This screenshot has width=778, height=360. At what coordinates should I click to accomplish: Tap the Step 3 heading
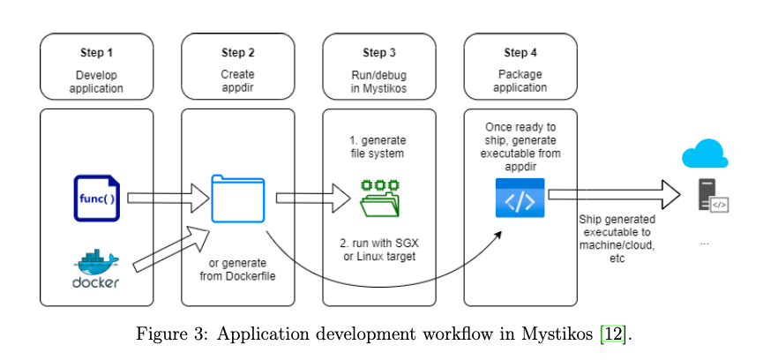click(379, 53)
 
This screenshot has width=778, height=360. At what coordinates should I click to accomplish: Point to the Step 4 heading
click(520, 53)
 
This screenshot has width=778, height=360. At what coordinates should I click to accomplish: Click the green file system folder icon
click(380, 198)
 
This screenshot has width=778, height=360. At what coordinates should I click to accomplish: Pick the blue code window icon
click(520, 198)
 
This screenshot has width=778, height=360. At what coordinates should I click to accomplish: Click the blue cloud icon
click(705, 155)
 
